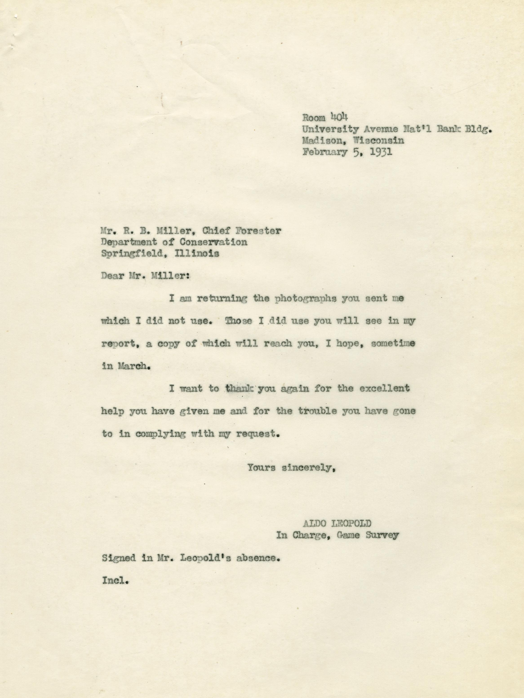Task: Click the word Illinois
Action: click(196, 254)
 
